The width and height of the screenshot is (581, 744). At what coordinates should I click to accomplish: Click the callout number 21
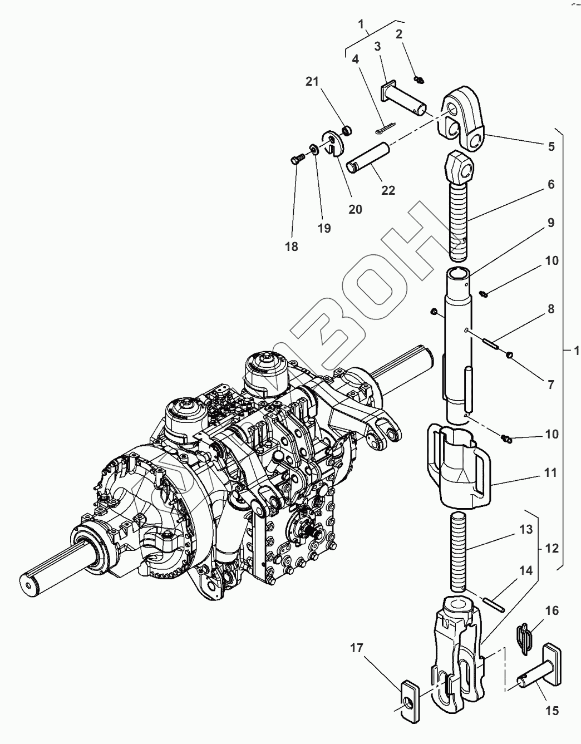(x=312, y=81)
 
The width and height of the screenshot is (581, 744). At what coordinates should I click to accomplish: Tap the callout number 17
(x=357, y=648)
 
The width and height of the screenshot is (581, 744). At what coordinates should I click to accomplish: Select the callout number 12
(x=551, y=549)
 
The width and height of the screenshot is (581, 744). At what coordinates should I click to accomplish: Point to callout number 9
(x=551, y=223)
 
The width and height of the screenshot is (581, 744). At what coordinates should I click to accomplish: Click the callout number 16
(x=551, y=612)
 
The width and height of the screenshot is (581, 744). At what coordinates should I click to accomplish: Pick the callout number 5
(x=551, y=147)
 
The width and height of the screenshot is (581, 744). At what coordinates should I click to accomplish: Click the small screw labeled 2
(x=420, y=81)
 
